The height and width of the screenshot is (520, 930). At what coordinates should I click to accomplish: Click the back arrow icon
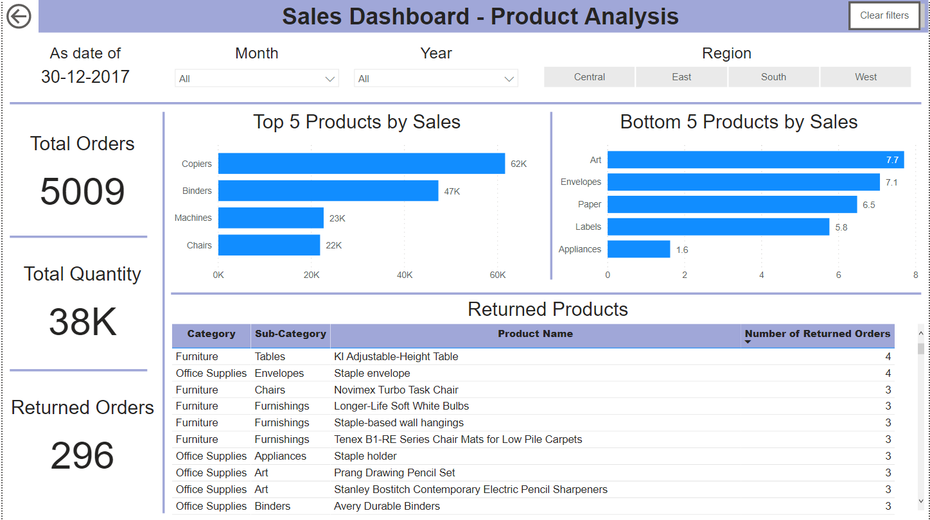19,16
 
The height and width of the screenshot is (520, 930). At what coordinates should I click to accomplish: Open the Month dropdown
256,78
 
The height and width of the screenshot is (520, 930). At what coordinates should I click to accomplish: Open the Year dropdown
435,78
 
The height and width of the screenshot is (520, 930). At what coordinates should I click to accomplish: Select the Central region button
589,77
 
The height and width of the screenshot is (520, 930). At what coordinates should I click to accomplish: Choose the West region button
865,77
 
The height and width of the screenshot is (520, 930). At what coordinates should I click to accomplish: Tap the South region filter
773,77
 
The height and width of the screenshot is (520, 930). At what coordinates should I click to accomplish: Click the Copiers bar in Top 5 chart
361,164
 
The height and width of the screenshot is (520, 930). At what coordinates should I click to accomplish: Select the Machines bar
270,218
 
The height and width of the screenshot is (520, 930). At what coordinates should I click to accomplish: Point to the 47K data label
452,191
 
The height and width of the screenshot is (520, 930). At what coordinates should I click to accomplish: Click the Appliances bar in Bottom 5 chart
638,249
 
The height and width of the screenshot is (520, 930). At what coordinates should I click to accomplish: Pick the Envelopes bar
743,182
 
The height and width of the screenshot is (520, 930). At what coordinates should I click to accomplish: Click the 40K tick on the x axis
405,275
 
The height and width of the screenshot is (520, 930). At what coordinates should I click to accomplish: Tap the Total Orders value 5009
82,192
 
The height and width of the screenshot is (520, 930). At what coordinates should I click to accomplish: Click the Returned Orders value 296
82,456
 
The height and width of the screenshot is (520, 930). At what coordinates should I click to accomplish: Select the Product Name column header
535,334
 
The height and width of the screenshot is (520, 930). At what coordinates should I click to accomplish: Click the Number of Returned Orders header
817,334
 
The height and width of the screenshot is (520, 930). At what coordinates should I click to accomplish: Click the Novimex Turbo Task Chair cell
396,390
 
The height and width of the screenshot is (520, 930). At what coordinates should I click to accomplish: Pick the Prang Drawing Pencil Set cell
394,472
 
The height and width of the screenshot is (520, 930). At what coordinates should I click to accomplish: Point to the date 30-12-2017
85,77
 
